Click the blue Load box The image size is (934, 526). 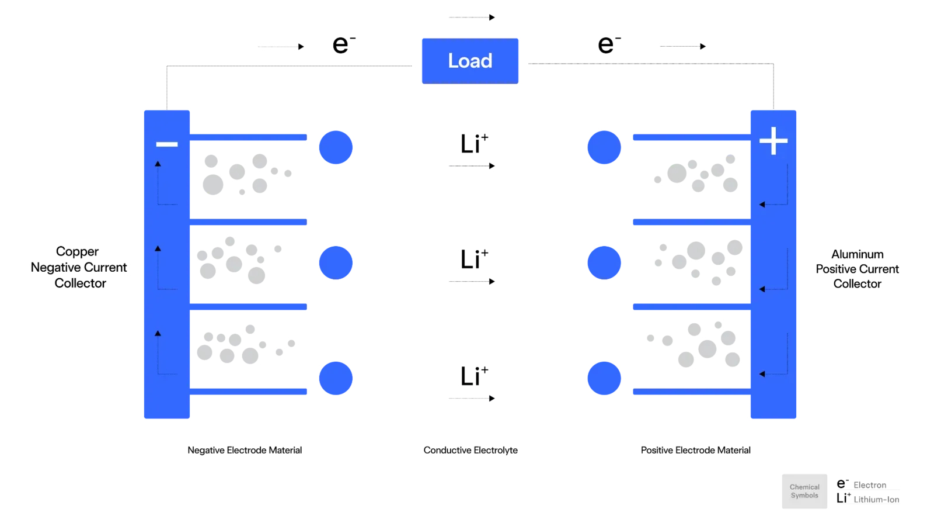point(470,61)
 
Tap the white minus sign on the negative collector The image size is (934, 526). point(167,144)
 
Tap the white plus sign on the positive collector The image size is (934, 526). point(773,141)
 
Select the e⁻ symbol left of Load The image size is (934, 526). point(344,44)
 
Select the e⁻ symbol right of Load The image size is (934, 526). point(609,44)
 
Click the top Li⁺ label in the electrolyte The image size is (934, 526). point(474,143)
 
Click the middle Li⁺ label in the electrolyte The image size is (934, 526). point(474,259)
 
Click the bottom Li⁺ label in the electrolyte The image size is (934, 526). point(474,375)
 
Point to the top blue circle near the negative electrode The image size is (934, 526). point(336,147)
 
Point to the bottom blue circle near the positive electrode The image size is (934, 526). point(604,378)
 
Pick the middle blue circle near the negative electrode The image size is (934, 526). point(336,263)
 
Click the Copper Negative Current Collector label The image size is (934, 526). point(79,267)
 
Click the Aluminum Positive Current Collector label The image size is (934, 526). point(858,269)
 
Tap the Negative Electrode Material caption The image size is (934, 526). point(245,450)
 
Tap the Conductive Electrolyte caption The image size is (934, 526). point(471,450)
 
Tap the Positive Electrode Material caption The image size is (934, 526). point(695,450)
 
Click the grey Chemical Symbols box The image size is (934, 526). point(804,492)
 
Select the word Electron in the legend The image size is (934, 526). point(870,485)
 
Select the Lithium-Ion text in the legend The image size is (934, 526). point(876,499)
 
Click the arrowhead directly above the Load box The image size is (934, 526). point(492,17)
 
